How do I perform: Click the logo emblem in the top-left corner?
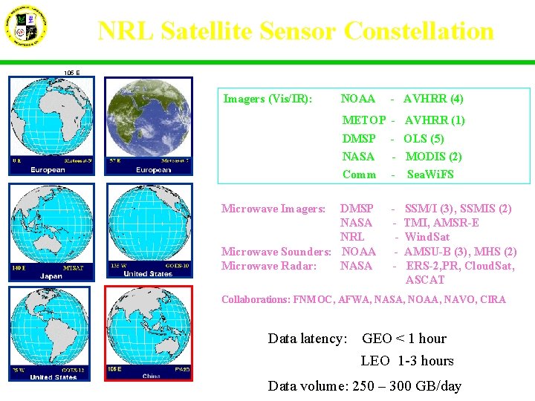point(27,27)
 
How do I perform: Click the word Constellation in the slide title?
point(418,31)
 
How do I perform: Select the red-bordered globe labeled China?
point(149,333)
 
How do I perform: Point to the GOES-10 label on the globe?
point(175,265)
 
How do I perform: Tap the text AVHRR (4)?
point(433,99)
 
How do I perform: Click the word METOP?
point(363,120)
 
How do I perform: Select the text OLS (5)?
point(424,139)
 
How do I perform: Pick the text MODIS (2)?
point(433,157)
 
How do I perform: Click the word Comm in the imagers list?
point(359,175)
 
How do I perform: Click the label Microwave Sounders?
point(276,252)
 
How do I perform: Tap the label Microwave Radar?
point(269,266)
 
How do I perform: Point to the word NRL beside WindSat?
point(352,238)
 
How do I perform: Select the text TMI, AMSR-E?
point(441,224)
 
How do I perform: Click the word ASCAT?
point(425,280)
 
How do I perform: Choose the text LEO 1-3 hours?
point(406,361)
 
